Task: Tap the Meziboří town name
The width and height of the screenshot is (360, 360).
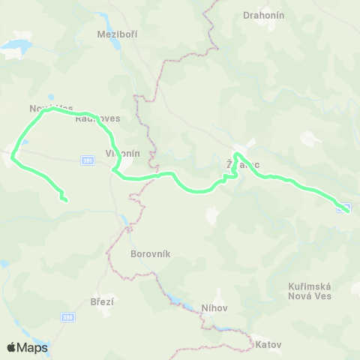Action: [118, 34]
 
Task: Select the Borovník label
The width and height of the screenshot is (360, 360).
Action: [151, 254]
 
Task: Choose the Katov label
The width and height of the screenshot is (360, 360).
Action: [268, 345]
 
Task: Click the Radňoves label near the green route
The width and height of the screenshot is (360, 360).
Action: [98, 118]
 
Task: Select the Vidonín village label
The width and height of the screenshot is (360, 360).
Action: [122, 153]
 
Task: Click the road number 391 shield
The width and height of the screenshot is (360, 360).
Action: [86, 160]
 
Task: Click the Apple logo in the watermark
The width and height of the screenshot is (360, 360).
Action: [12, 347]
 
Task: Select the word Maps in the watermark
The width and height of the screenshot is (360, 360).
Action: [33, 347]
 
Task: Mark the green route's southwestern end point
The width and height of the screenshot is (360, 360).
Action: [66, 199]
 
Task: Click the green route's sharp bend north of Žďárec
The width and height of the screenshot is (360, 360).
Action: [236, 155]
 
